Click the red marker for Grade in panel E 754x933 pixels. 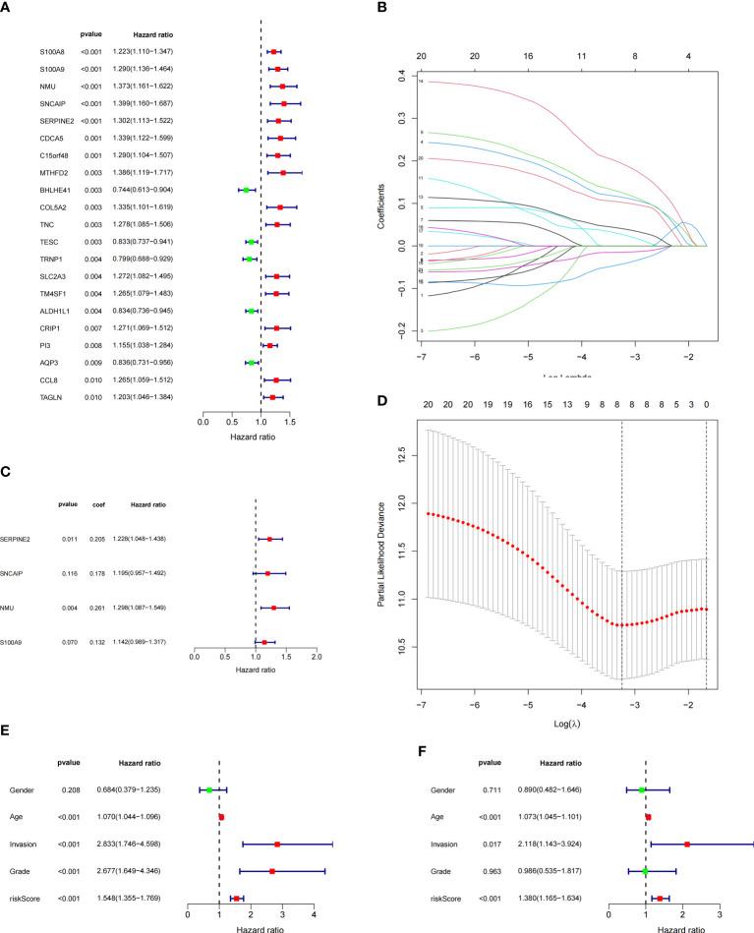click(273, 871)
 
